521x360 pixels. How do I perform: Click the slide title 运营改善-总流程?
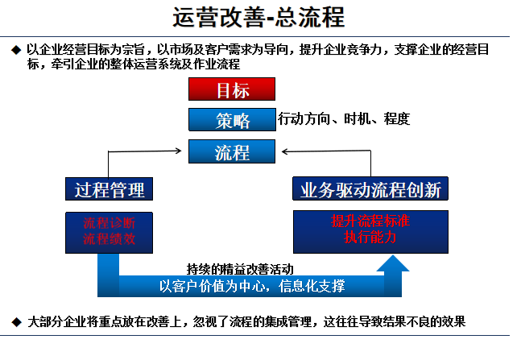(258, 17)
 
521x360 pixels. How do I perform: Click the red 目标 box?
(232, 89)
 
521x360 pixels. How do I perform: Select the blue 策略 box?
(232, 120)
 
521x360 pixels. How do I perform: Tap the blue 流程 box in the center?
(232, 151)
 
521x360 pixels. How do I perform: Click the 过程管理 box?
(109, 188)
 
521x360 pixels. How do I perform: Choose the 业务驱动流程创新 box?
(370, 188)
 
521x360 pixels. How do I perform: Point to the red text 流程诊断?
(109, 223)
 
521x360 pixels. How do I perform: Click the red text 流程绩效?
(109, 238)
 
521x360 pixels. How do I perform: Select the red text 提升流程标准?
(370, 221)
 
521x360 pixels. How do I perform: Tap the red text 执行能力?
(370, 238)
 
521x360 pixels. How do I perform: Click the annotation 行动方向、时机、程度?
(344, 119)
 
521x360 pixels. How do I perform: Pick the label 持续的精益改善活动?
(240, 269)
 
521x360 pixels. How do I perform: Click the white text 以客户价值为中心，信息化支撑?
(252, 286)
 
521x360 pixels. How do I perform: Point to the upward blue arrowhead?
(393, 263)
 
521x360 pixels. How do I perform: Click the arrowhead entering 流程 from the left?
(179, 151)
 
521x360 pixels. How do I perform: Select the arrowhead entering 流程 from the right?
(285, 151)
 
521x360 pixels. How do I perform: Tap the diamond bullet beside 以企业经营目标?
(16, 50)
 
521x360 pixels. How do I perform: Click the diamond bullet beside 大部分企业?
(16, 322)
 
